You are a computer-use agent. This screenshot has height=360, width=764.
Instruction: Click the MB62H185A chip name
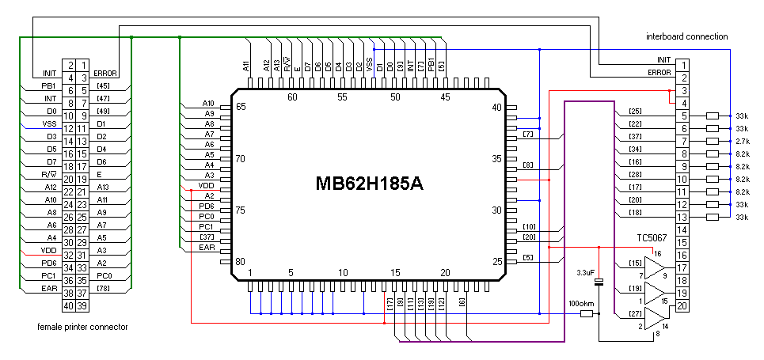(x=370, y=184)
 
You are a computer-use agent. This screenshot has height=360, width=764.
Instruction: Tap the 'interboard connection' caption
(x=686, y=36)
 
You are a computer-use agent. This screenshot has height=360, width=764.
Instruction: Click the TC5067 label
(x=652, y=237)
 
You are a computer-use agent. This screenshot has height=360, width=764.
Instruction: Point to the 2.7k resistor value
(x=742, y=141)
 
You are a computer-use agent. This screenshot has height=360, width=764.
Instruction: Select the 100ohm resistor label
(x=581, y=303)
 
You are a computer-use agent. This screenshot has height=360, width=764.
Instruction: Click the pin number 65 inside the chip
(x=240, y=107)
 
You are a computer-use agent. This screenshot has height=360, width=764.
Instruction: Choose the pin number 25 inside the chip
(x=498, y=262)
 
